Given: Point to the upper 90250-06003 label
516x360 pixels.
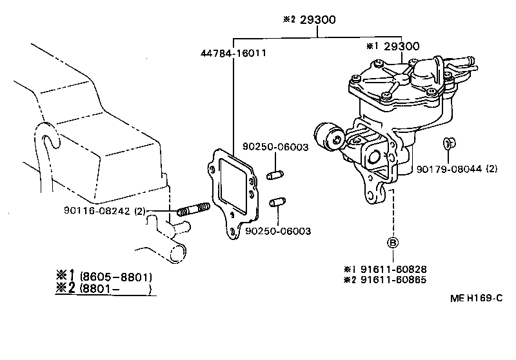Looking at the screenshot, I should (x=275, y=147).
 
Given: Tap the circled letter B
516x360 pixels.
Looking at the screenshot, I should (x=393, y=243).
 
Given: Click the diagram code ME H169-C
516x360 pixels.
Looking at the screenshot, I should (x=476, y=299).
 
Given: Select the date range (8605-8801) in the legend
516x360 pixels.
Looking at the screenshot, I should (x=115, y=277).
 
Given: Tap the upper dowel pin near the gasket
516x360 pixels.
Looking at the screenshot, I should (x=275, y=174).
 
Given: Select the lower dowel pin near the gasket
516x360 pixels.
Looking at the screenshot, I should (x=277, y=203).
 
